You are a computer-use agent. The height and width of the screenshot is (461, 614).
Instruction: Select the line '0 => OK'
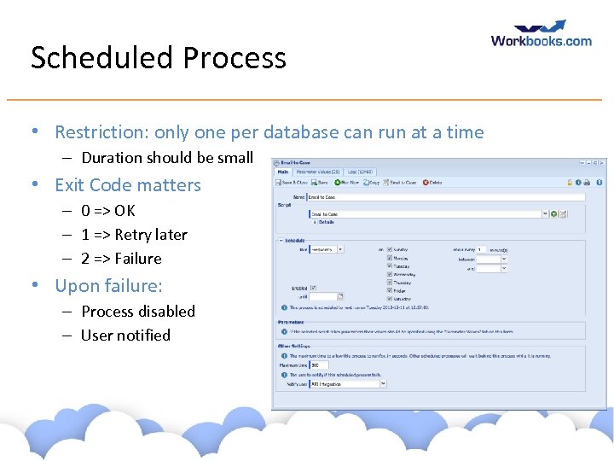click(107, 211)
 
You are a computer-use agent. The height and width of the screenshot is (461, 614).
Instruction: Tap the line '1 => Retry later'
click(133, 235)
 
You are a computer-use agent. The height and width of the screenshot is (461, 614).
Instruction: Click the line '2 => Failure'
click(120, 259)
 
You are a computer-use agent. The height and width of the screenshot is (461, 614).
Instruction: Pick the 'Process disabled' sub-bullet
click(137, 312)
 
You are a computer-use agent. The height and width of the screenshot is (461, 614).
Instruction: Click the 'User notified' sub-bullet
click(125, 336)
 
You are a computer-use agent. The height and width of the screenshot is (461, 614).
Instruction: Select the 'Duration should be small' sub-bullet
click(167, 158)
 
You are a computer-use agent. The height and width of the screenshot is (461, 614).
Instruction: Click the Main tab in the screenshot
click(282, 171)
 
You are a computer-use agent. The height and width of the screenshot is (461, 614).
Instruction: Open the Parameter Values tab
click(317, 171)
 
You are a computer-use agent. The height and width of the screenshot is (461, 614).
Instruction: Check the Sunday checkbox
click(390, 249)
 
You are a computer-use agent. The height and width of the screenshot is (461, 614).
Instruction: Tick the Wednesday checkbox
click(390, 273)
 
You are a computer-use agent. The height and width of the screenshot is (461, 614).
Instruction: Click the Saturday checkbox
click(390, 299)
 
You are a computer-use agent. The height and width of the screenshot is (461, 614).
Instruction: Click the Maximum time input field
click(320, 365)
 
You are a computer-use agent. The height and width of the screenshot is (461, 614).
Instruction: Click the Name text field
click(443, 197)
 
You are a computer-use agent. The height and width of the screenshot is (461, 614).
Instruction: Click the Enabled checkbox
click(313, 288)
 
